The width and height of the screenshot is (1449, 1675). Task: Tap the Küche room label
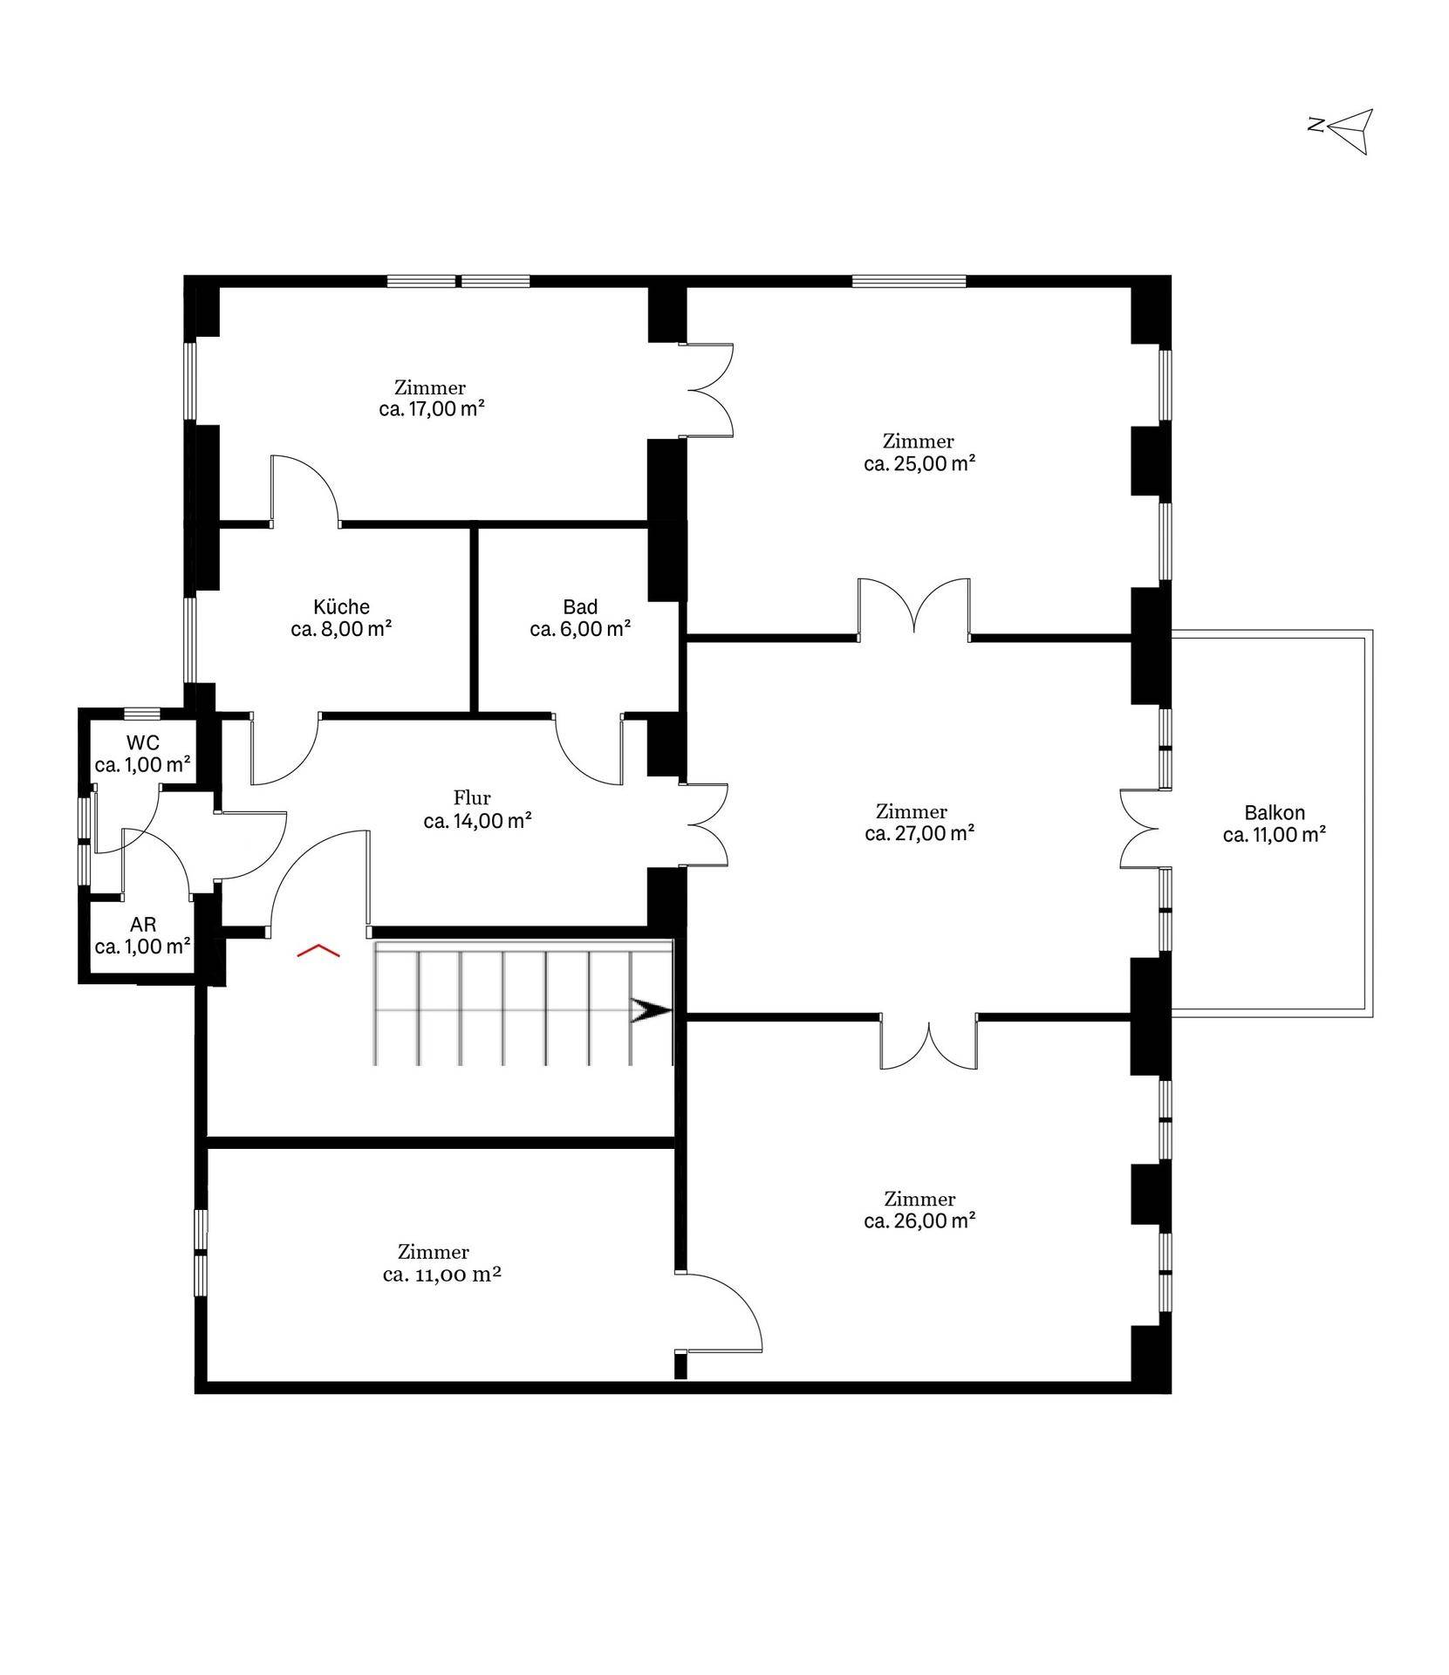click(x=341, y=607)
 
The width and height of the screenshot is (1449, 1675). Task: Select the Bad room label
click(x=580, y=607)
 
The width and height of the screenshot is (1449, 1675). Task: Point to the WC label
click(x=143, y=743)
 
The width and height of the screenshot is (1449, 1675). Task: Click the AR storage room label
click(x=143, y=925)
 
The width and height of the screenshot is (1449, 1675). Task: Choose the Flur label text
click(x=472, y=797)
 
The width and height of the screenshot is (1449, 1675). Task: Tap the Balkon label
click(x=1275, y=813)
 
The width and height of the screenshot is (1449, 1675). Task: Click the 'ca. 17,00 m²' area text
click(x=432, y=409)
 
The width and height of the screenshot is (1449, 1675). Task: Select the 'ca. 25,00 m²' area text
click(x=919, y=463)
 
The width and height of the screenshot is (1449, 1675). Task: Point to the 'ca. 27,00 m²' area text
click(x=919, y=833)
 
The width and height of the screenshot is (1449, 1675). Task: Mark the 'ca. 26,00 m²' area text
click(x=919, y=1220)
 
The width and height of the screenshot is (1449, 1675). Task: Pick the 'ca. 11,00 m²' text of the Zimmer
click(x=441, y=1275)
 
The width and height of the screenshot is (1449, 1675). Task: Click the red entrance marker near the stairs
click(x=318, y=950)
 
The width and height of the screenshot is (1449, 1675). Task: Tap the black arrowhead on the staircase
click(x=651, y=1011)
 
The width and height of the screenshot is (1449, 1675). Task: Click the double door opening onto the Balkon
click(x=1145, y=829)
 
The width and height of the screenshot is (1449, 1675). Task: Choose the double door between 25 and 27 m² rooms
click(x=913, y=607)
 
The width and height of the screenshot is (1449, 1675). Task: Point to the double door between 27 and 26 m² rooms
click(x=928, y=1042)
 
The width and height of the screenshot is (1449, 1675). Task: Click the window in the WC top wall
click(x=141, y=712)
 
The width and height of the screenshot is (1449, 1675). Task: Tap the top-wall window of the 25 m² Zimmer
click(x=909, y=281)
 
